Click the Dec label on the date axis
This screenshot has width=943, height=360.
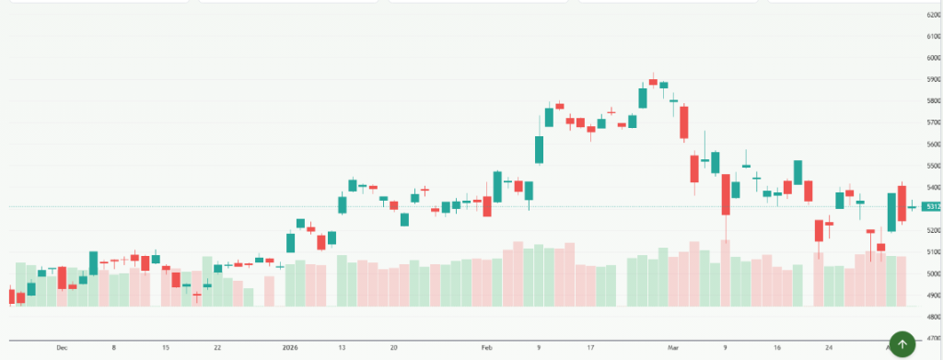62,348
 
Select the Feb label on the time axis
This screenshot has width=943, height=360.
487,348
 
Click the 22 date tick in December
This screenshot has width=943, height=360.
217,348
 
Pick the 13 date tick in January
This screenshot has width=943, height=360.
342,348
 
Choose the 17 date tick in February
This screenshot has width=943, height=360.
590,348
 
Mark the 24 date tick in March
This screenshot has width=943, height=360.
829,348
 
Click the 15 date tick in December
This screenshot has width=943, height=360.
166,348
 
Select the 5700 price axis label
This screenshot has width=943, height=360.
930,122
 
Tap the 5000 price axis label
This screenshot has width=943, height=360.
930,273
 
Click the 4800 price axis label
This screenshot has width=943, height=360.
930,317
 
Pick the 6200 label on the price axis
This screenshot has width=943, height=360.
930,16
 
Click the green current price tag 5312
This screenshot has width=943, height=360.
930,207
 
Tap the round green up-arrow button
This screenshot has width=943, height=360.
902,344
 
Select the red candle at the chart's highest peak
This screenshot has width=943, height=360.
653,81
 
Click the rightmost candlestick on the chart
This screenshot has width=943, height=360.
912,206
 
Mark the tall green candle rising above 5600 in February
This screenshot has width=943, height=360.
539,149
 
